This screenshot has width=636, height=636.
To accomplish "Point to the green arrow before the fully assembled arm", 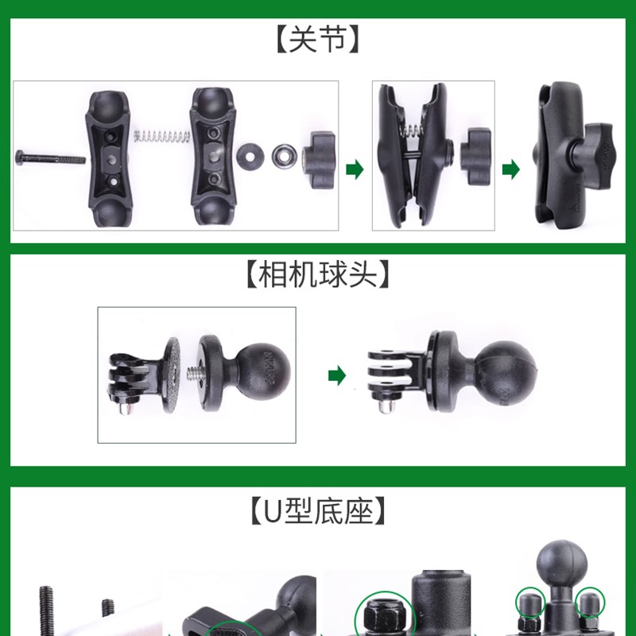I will [514, 169].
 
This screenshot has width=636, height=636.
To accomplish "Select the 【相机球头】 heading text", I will [318, 275].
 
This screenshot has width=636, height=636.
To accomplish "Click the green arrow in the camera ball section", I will [337, 376].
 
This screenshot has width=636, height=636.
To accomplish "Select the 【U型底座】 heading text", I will [318, 510].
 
